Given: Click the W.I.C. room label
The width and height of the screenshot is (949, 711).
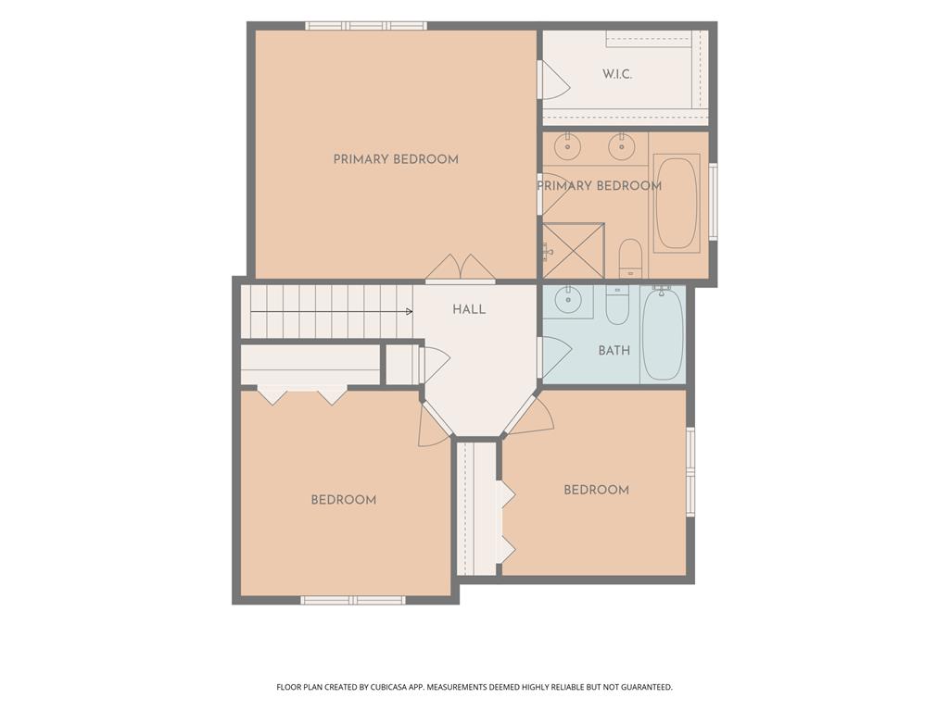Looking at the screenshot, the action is (x=617, y=74).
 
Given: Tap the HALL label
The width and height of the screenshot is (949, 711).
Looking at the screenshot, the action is (x=469, y=309).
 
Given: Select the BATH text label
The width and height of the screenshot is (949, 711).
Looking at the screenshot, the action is (x=614, y=350).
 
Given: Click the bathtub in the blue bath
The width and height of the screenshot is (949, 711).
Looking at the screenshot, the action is (x=663, y=334).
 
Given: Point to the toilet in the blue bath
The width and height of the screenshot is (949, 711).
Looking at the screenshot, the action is (x=617, y=305).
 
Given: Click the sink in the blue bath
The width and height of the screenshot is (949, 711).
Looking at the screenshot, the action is (x=568, y=300).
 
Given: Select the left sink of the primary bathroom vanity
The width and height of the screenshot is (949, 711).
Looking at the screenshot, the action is (x=568, y=146).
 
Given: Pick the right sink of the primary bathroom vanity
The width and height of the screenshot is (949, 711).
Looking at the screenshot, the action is (x=620, y=146).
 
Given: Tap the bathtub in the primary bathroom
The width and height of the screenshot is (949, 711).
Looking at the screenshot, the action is (x=676, y=203).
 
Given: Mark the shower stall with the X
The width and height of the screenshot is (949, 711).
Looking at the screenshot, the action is (x=573, y=251).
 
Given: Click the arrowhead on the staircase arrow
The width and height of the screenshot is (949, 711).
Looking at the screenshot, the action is (x=409, y=311).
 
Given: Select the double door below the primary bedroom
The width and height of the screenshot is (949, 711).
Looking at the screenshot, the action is (x=460, y=268).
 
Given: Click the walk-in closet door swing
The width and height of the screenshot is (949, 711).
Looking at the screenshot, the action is (x=554, y=80).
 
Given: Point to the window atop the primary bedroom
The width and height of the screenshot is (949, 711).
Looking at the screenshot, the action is (x=366, y=25).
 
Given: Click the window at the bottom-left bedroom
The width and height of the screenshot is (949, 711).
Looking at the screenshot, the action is (x=353, y=600).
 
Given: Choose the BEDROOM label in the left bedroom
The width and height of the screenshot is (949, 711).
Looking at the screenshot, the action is (x=344, y=500).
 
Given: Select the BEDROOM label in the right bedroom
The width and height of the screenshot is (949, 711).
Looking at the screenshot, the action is (x=596, y=490).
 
